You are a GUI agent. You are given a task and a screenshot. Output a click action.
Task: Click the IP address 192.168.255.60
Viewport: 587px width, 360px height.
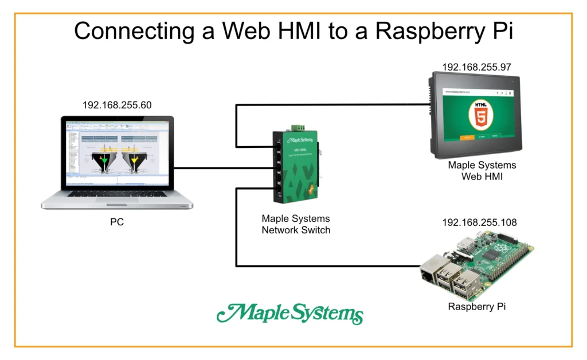point(117,105)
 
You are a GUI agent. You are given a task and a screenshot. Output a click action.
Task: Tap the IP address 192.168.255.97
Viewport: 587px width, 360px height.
point(476,67)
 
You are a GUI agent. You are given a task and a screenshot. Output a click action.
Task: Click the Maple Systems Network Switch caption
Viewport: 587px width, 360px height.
point(296,224)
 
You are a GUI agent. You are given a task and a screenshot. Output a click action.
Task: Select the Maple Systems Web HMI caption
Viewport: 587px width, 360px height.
point(482,171)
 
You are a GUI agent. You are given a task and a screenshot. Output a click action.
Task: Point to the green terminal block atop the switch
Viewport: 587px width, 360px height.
point(296,127)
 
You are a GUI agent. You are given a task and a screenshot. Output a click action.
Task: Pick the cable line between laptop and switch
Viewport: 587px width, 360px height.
point(224,168)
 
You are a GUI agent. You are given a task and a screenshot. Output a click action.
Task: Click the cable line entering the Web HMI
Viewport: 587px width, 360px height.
point(344,104)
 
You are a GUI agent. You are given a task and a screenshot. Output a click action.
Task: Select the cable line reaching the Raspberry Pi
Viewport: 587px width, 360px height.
point(332,266)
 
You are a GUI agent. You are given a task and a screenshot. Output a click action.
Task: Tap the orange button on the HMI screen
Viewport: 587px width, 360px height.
point(467,137)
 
